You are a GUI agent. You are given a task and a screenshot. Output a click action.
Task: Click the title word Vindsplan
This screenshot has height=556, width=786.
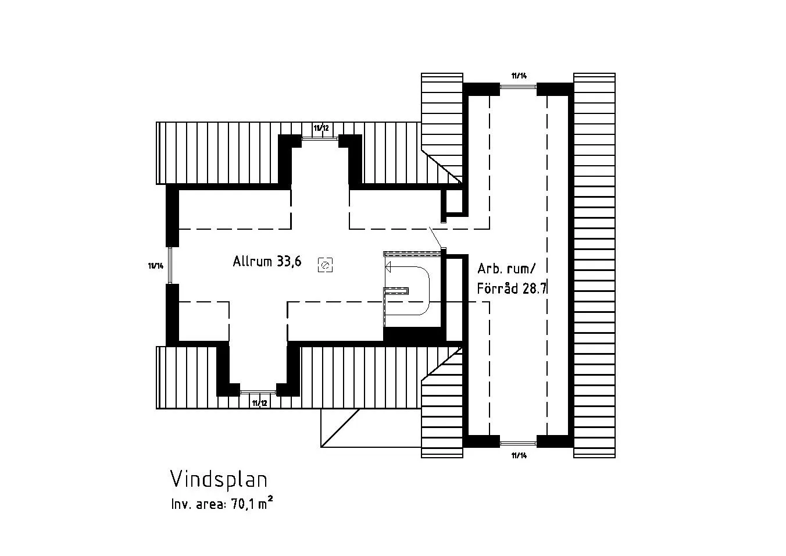click(219, 479)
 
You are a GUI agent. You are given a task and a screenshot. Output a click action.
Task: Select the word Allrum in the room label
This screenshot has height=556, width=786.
click(252, 261)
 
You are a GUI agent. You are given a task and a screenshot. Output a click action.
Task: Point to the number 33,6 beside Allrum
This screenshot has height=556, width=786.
click(289, 261)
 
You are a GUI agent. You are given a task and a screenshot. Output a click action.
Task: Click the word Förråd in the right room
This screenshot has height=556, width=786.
click(498, 288)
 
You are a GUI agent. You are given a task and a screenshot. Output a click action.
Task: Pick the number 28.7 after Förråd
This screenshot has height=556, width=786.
click(535, 288)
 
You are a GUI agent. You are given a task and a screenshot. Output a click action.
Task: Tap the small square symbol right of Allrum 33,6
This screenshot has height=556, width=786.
click(325, 266)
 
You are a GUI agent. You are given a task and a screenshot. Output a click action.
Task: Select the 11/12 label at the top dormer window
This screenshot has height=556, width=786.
click(321, 127)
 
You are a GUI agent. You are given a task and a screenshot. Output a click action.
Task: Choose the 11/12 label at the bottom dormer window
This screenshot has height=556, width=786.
click(259, 402)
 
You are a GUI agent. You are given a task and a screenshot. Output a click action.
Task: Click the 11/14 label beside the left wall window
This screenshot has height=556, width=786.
click(156, 266)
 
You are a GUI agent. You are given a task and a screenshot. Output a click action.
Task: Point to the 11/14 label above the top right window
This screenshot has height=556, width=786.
click(519, 76)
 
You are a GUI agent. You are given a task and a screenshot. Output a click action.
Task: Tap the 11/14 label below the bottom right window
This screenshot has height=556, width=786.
click(519, 455)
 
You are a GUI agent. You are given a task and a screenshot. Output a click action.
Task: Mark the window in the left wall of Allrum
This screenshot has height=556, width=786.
click(170, 266)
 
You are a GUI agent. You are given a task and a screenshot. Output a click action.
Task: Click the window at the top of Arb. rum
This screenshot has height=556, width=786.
click(518, 87)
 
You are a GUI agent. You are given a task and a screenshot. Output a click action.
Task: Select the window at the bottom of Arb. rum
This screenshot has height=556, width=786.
click(518, 444)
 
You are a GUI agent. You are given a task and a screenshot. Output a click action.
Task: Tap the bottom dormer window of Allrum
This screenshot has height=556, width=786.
click(258, 392)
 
